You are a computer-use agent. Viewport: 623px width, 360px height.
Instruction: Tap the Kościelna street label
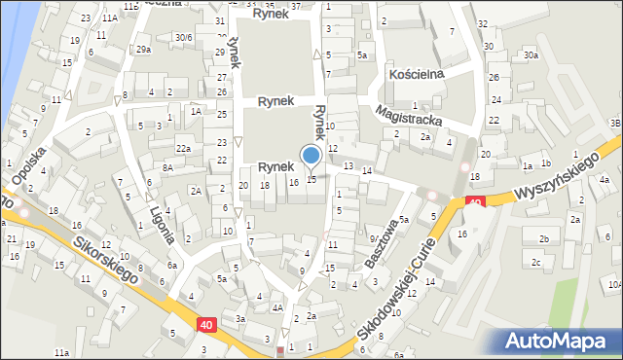tap(417, 74)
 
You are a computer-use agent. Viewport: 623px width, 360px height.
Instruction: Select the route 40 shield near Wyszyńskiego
tap(475, 202)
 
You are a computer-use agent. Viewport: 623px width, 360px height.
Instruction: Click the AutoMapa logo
tap(560, 341)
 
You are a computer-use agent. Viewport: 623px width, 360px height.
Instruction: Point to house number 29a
tap(144, 50)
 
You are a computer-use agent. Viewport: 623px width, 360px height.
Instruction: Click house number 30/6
tap(183, 37)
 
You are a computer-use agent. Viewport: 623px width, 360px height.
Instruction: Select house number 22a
tap(181, 148)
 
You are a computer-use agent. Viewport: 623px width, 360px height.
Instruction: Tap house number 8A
tap(167, 167)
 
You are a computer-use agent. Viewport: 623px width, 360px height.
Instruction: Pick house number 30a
tap(530, 56)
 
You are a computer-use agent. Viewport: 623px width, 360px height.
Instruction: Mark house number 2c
tap(535, 263)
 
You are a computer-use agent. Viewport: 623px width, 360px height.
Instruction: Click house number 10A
tap(613, 285)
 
